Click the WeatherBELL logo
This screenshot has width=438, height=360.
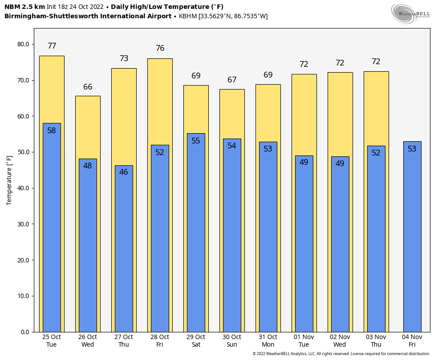[410, 13]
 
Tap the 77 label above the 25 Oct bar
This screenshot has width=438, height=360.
[52, 46]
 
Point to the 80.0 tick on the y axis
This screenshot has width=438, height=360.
[23, 45]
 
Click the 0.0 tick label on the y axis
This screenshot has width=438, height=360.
[25, 332]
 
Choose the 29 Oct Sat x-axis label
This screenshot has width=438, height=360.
[196, 340]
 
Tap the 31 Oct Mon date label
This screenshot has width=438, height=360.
[268, 340]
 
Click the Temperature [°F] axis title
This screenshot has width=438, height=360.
[9, 180]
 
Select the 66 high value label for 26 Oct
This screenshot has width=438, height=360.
[88, 87]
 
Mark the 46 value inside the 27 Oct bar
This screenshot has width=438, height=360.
[123, 172]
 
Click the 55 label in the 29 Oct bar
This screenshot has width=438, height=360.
[196, 141]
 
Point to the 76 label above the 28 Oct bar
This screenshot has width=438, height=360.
[160, 48]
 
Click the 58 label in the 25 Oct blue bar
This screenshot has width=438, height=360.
[52, 131]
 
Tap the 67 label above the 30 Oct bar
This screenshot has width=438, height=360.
[232, 80]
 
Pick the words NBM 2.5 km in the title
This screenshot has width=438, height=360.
[24, 7]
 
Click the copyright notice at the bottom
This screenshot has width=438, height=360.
[341, 354]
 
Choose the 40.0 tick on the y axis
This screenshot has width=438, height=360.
[23, 188]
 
